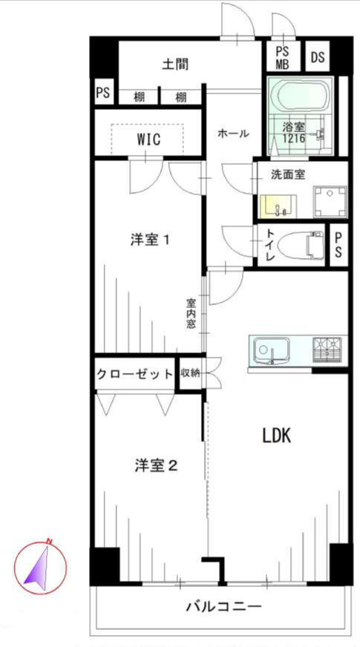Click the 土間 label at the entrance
point(175,65)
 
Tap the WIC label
point(148,140)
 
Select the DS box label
point(318,57)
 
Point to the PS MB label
point(283,58)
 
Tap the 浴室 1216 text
point(294,132)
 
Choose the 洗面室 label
point(288,174)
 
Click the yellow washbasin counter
point(278,206)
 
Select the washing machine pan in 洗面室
point(330,202)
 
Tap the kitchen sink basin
point(270,351)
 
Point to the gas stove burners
point(327,350)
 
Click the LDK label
point(278,436)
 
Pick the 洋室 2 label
point(156,466)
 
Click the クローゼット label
point(134,374)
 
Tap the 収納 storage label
point(190,373)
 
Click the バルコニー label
point(223,607)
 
